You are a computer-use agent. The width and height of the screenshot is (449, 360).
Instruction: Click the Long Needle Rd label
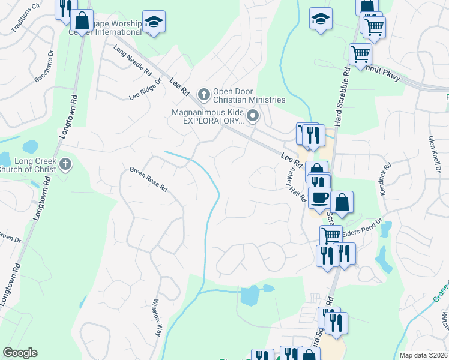point(133,61)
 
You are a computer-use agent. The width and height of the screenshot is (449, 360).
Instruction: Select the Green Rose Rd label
point(148,178)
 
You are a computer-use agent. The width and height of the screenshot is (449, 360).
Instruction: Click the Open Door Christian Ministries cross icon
point(204,94)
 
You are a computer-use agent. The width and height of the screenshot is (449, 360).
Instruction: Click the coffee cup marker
point(320,196)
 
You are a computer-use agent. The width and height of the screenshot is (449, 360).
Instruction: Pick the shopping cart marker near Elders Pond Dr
point(330,235)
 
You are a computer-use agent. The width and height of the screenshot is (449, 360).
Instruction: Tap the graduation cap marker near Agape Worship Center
point(154,22)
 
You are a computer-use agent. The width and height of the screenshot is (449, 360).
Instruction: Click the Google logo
point(19,353)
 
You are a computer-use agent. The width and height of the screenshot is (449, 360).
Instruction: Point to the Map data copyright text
point(423,355)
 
